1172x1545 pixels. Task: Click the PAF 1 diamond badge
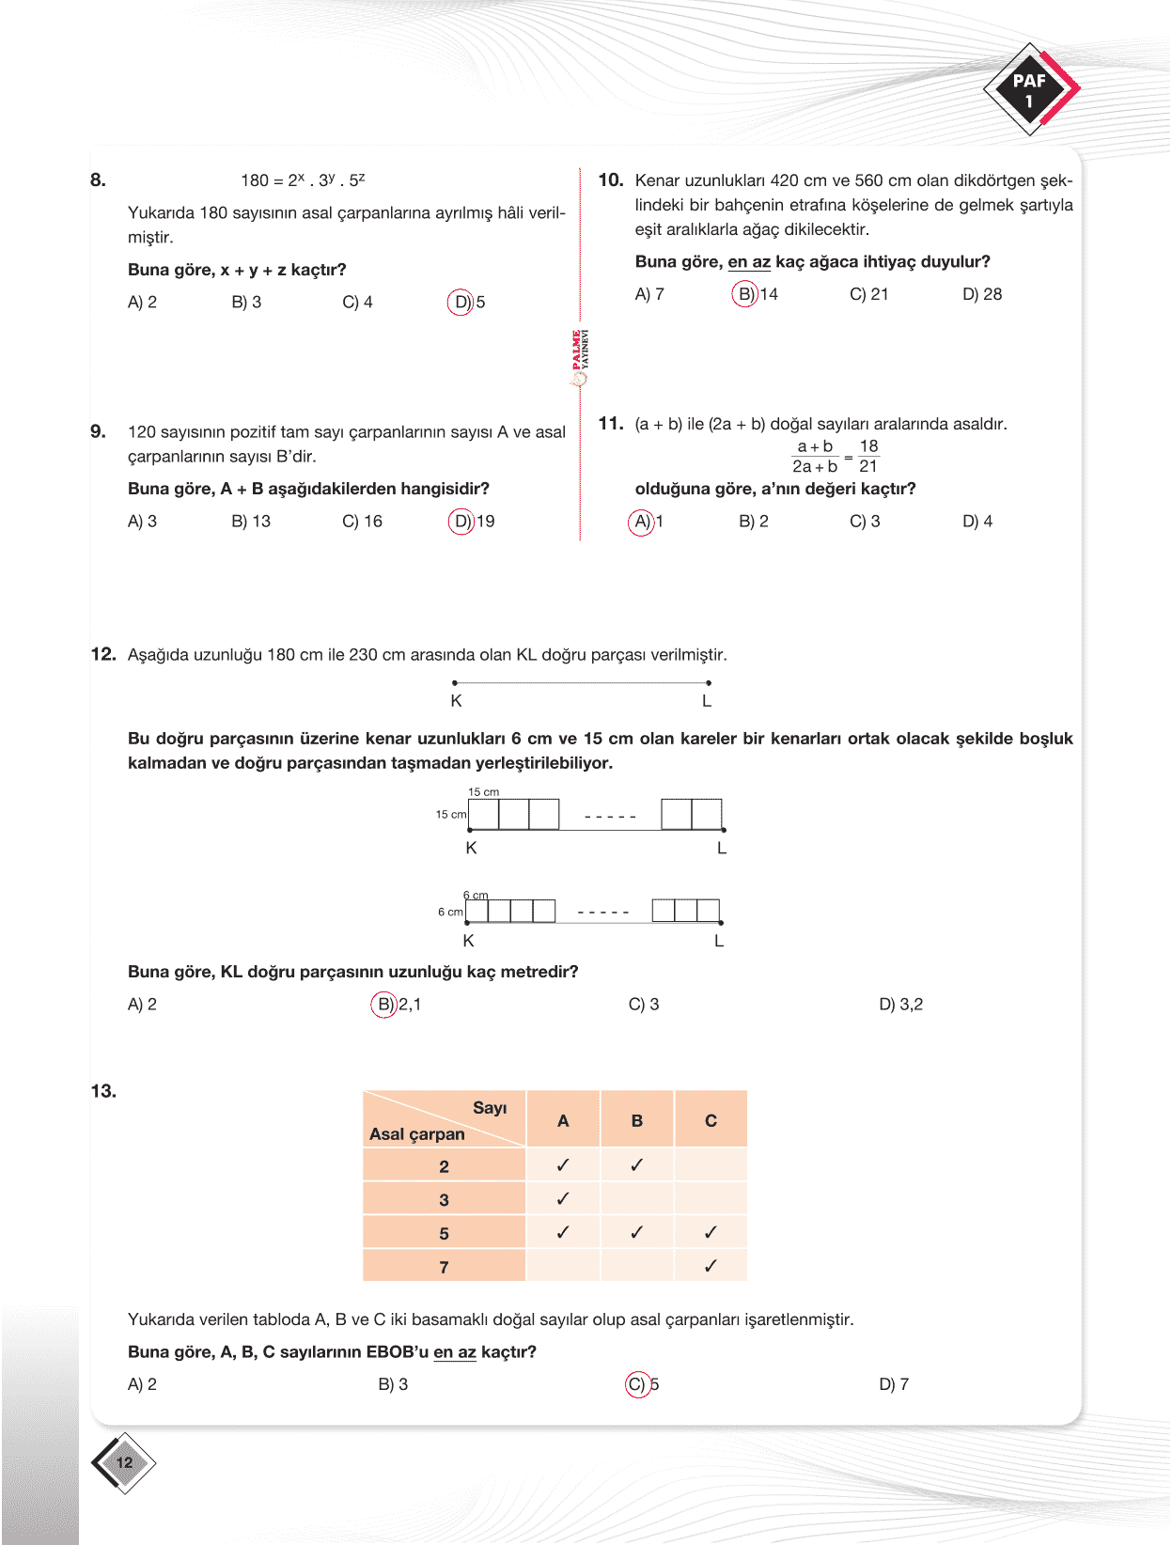[x=1030, y=90]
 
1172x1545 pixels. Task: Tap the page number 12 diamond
[x=124, y=1462]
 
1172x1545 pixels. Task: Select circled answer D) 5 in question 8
[x=466, y=303]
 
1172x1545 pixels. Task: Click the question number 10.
[x=611, y=180]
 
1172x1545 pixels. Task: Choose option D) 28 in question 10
[x=982, y=294]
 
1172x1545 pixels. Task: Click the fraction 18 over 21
[x=868, y=456]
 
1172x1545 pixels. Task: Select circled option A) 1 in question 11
[x=647, y=522]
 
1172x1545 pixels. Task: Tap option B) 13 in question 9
[x=251, y=522]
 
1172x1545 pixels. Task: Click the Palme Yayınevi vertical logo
[x=580, y=358]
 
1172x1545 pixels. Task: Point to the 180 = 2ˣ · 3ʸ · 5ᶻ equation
[x=303, y=179]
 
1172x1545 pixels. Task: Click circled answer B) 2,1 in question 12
[x=397, y=1005]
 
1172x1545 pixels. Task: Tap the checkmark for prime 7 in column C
[x=711, y=1266]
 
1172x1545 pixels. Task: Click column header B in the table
[x=637, y=1120]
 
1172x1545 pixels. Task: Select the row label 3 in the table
[x=444, y=1200]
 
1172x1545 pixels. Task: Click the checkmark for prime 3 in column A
[x=563, y=1199]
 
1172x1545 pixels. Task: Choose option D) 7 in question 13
[x=894, y=1384]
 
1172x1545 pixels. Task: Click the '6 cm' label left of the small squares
[x=450, y=912]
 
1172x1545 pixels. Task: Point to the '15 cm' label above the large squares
[x=484, y=792]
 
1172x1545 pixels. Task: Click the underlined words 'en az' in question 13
[x=455, y=1352]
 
